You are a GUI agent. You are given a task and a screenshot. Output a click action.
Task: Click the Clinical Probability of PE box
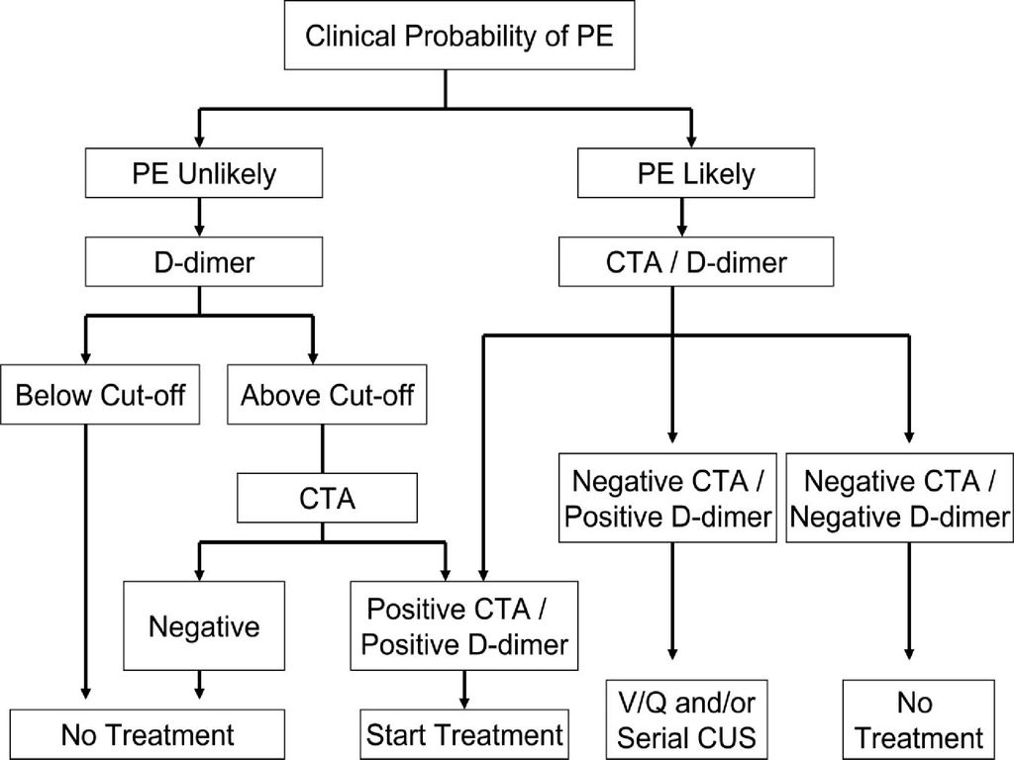(459, 35)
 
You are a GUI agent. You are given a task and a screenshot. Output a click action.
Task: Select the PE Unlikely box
(204, 173)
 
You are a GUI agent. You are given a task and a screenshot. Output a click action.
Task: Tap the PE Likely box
(696, 173)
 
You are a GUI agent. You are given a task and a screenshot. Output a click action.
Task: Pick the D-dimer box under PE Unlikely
(204, 261)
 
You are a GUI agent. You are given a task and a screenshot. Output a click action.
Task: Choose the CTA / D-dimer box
(696, 261)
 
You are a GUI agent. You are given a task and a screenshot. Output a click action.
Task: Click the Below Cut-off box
(100, 394)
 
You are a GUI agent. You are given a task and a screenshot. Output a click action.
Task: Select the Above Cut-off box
(327, 394)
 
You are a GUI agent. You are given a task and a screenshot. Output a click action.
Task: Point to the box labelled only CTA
(327, 498)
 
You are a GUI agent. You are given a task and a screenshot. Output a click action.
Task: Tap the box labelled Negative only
(204, 625)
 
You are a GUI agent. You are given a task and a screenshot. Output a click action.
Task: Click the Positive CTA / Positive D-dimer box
(464, 625)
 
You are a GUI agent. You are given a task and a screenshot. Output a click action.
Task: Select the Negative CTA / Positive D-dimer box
(668, 498)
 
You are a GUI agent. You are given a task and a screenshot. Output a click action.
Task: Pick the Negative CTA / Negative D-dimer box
(899, 498)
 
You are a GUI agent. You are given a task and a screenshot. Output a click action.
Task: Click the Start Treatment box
(464, 735)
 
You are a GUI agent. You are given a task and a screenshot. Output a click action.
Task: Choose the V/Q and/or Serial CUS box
(687, 719)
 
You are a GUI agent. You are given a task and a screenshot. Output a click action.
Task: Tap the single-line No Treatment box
(148, 735)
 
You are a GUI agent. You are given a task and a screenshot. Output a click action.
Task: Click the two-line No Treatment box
(918, 719)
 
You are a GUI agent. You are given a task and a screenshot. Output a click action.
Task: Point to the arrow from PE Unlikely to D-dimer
(199, 217)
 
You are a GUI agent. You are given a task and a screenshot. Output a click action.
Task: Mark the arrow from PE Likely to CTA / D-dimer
(681, 217)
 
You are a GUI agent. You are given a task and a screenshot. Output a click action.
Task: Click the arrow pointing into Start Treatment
(463, 690)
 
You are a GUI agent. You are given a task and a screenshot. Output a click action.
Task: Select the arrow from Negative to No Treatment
(199, 685)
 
